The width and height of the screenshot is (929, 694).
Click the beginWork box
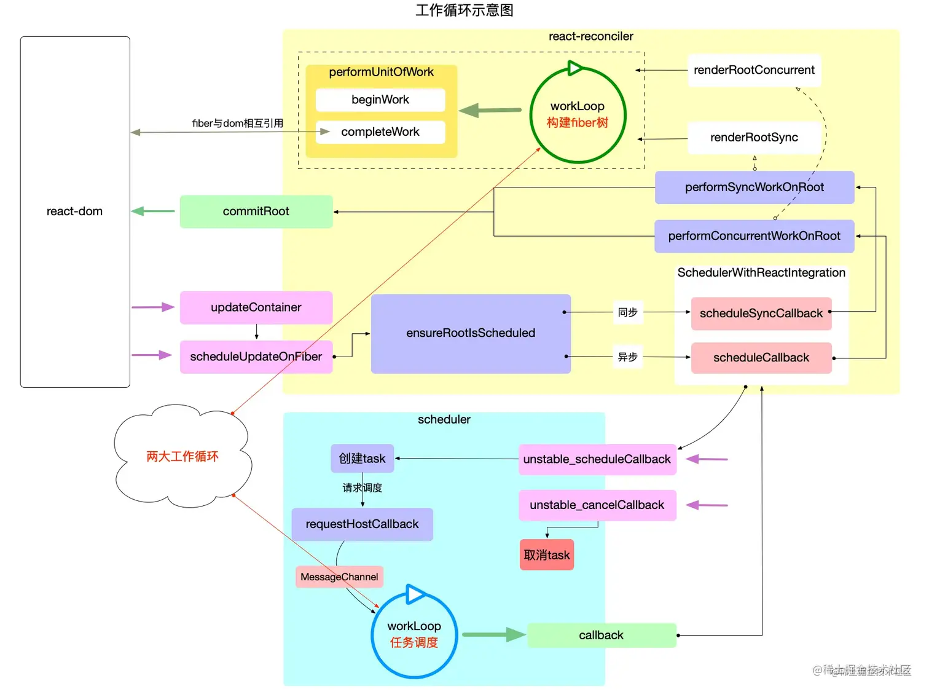tap(380, 100)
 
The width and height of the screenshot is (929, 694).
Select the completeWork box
tap(380, 132)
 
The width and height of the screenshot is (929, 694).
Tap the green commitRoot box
tap(256, 211)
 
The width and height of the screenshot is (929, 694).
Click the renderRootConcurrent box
tap(754, 70)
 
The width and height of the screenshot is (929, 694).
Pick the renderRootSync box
tap(754, 138)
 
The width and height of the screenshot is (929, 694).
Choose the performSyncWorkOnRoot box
tap(754, 187)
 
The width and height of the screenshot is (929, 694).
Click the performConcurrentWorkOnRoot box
tap(754, 236)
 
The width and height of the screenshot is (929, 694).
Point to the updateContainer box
tap(256, 307)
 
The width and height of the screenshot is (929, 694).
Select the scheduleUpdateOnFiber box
tap(256, 357)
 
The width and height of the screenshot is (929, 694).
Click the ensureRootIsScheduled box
tap(471, 333)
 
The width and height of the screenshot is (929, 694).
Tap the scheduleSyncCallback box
tap(761, 313)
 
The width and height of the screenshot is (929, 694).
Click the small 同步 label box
tap(627, 312)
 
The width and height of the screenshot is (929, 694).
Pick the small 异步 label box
tap(627, 357)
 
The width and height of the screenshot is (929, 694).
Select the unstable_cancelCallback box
tap(597, 505)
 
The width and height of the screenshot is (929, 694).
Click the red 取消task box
tap(546, 555)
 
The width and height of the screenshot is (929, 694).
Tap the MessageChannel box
tap(339, 577)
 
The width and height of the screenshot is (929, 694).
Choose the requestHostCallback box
tap(362, 524)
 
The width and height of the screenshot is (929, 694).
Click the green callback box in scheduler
tap(601, 636)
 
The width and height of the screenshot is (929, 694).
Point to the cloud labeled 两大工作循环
tap(182, 456)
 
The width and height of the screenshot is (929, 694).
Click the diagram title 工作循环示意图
tap(464, 10)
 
